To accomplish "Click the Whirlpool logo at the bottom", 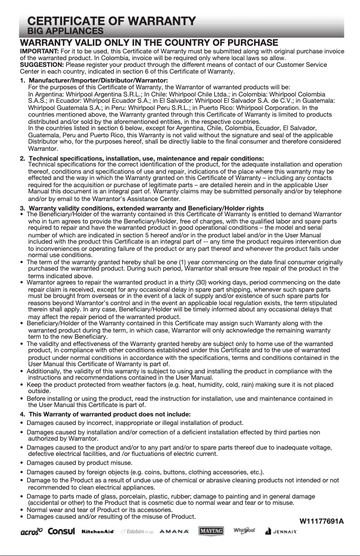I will [244, 530].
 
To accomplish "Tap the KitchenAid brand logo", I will [98, 531].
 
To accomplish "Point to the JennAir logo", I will [281, 531].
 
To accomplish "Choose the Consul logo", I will [61, 531].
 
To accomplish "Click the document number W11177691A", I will [321, 521].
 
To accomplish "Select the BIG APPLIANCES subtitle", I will [66, 31].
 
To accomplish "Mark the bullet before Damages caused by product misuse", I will [22, 463].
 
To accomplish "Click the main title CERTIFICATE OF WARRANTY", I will [111, 21].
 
